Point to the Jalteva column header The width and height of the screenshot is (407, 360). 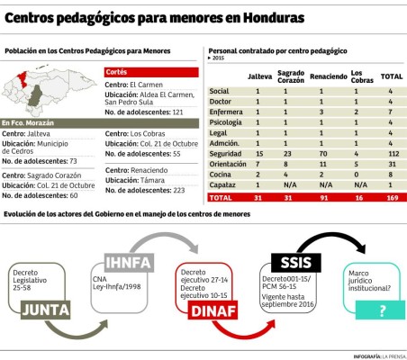[x=259, y=77]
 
